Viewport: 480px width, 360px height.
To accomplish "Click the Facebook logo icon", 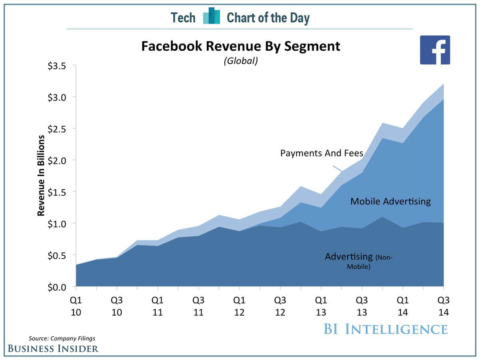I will [435, 50].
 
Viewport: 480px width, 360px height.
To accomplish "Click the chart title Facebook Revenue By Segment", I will [240, 46].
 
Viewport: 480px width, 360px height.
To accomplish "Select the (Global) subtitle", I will [240, 61].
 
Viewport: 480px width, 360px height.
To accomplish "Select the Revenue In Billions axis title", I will [41, 176].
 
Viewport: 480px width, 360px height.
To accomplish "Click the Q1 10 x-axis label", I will [76, 306].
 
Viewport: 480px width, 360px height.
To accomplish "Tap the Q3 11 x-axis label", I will [198, 306].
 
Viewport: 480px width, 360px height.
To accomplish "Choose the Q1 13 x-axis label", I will [321, 306].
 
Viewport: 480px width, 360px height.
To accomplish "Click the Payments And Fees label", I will [322, 153].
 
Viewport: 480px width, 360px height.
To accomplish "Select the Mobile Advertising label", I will [390, 201].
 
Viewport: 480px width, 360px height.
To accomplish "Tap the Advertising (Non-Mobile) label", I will [358, 260].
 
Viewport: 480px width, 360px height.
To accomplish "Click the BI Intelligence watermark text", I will [385, 329].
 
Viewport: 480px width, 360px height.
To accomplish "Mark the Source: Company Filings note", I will [62, 338].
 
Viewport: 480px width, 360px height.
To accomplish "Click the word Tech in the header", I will [183, 18].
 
